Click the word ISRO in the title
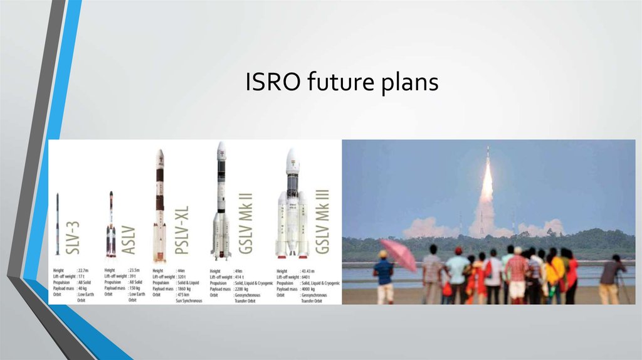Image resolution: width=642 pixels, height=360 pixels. [x=265, y=83]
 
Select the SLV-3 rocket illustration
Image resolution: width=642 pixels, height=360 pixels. [x=58, y=224]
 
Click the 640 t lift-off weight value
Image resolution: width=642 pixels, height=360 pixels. [x=307, y=276]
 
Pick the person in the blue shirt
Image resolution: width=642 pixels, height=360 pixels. [x=383, y=275]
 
